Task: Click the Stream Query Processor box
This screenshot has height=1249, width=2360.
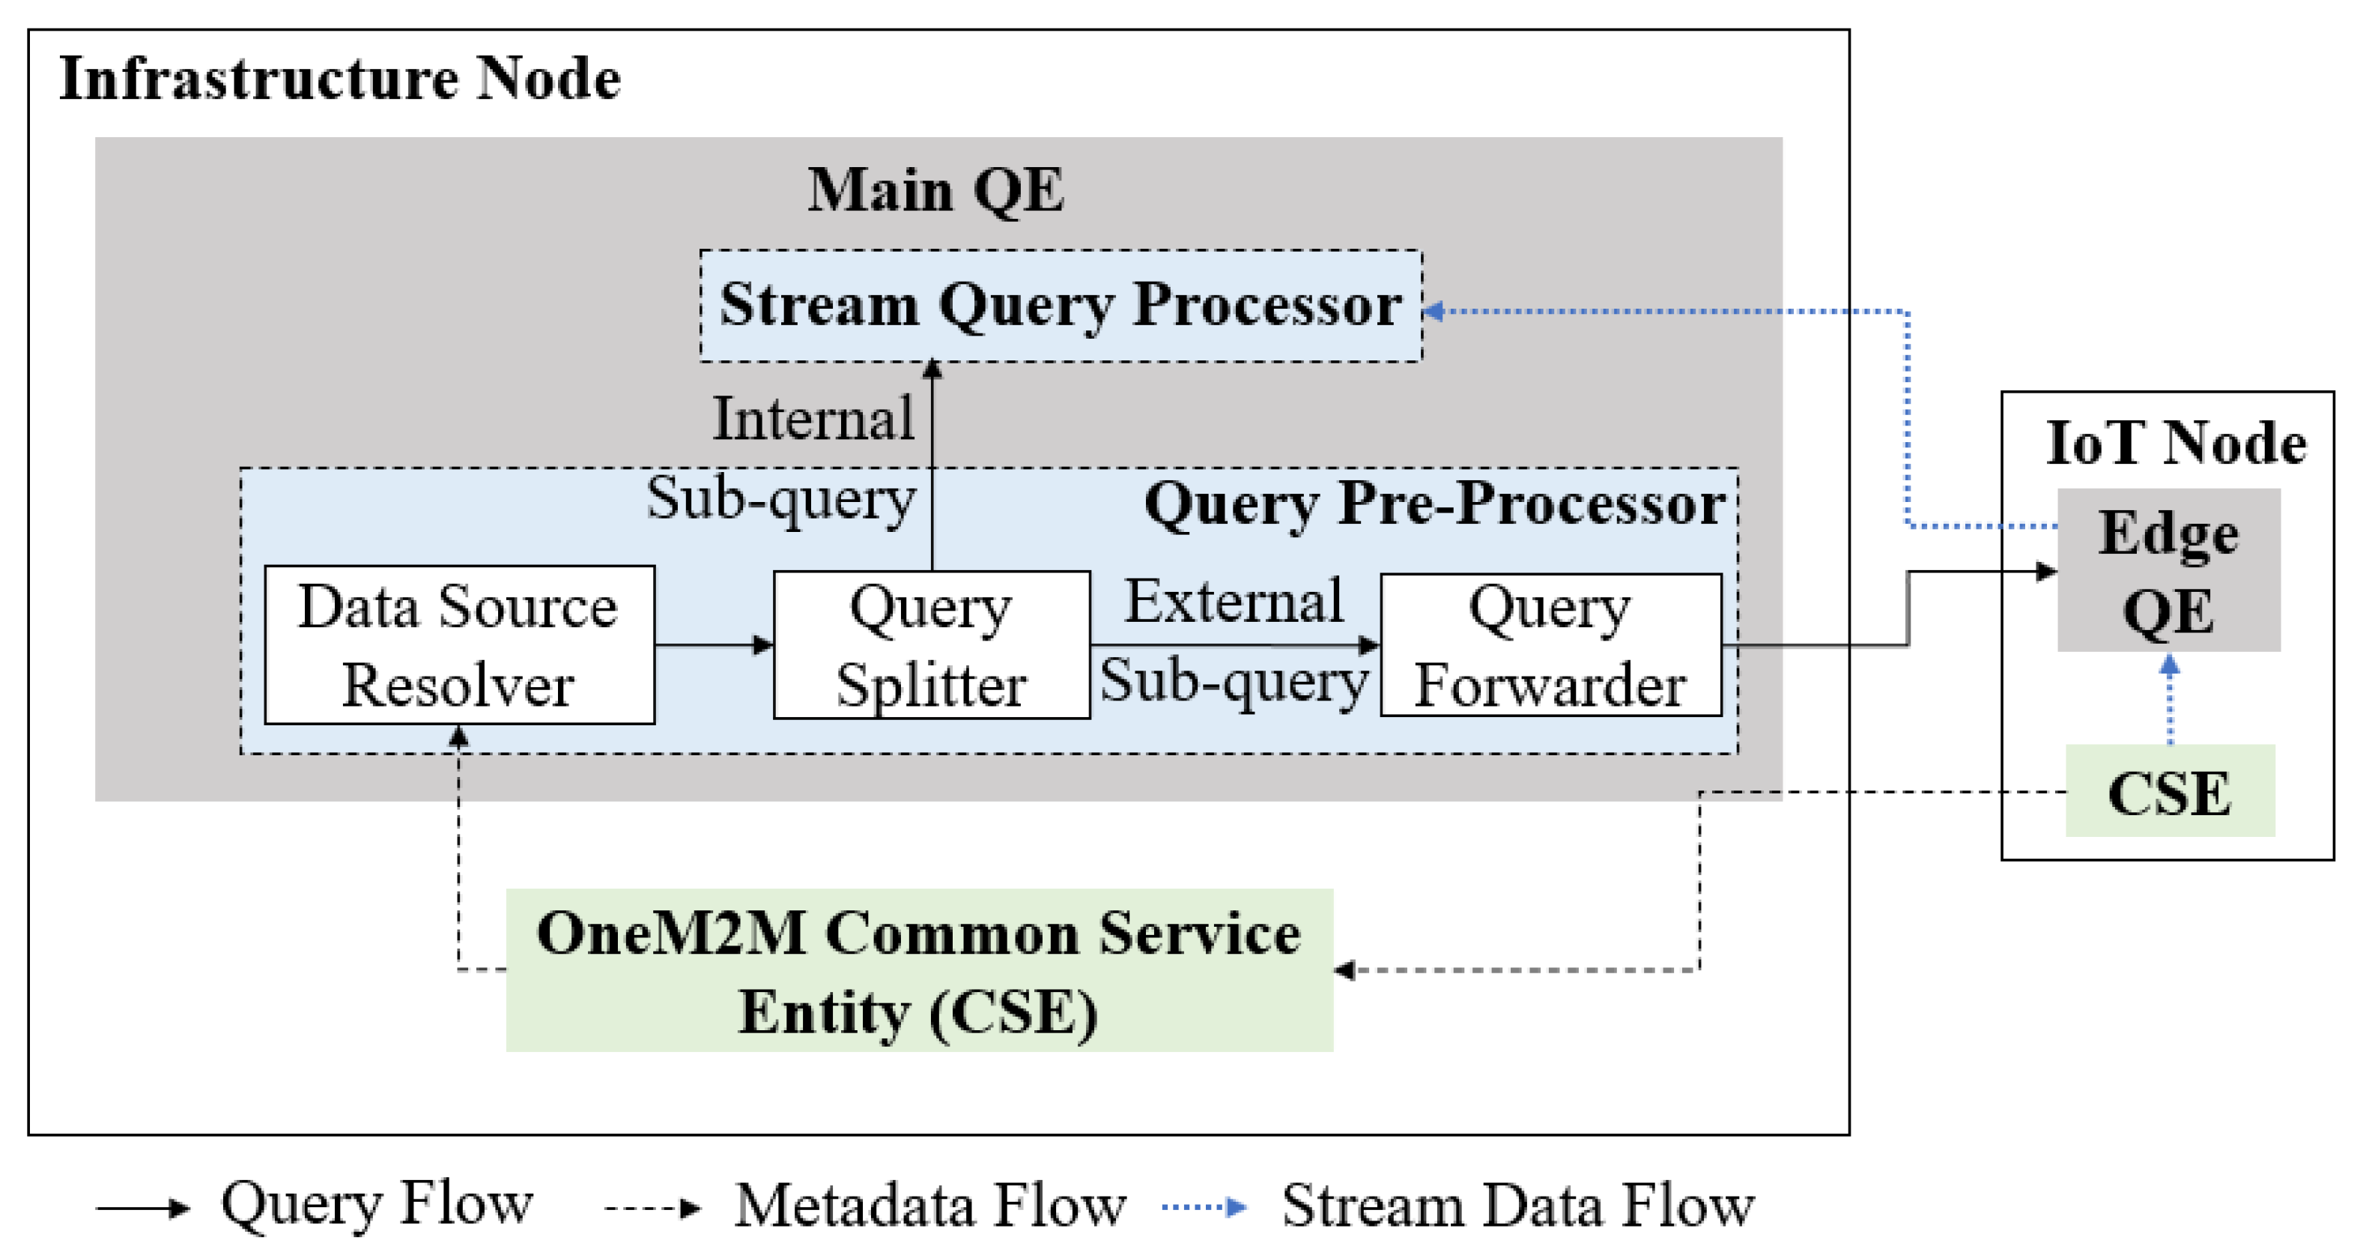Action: [1060, 305]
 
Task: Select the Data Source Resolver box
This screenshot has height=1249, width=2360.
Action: [459, 645]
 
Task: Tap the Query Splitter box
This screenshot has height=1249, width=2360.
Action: [931, 645]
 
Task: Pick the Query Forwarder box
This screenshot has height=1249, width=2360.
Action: [1550, 645]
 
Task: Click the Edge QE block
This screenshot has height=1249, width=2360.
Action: [2168, 570]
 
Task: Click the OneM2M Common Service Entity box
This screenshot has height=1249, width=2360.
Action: [918, 970]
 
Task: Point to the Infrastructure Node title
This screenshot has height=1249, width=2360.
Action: [340, 79]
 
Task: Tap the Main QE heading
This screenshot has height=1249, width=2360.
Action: [935, 190]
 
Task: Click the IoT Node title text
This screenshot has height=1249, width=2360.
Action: [2175, 444]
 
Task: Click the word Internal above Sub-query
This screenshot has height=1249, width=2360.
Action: [813, 420]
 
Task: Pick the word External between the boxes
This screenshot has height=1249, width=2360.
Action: [1233, 602]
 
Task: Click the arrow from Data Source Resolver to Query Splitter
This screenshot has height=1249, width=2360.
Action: [714, 645]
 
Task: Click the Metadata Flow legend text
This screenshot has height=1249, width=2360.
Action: [930, 1205]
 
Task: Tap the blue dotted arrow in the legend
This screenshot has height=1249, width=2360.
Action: [1203, 1207]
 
